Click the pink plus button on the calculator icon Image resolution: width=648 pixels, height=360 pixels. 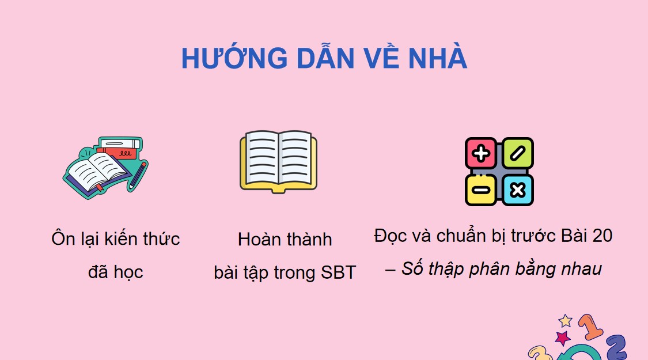pyautogui.click(x=481, y=153)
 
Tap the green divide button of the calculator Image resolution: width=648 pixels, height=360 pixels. pyautogui.click(x=517, y=153)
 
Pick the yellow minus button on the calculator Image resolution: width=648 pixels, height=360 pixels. pyautogui.click(x=481, y=190)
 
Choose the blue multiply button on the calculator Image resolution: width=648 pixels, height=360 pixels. pyautogui.click(x=517, y=190)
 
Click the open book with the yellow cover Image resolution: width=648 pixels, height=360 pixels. pyautogui.click(x=278, y=161)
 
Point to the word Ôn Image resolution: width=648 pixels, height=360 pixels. pyautogui.click(x=63, y=238)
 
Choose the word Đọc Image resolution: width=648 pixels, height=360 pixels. pyautogui.click(x=391, y=236)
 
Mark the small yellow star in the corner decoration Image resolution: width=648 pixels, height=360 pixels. pyautogui.click(x=566, y=321)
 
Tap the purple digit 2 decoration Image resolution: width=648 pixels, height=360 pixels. pyautogui.click(x=616, y=347)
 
